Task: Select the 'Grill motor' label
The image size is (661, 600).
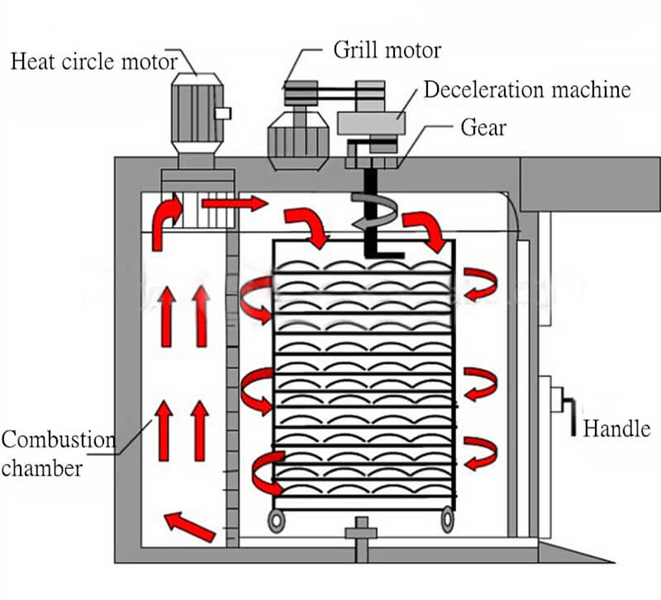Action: tap(387, 50)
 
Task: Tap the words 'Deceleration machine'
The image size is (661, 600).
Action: tap(527, 89)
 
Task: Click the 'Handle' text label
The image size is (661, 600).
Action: tap(616, 428)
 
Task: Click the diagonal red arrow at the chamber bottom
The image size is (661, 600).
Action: tap(189, 527)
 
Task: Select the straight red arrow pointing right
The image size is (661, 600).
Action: tap(234, 202)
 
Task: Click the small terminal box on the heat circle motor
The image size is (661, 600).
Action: tap(223, 113)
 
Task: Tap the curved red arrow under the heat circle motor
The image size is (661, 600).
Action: tap(168, 211)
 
